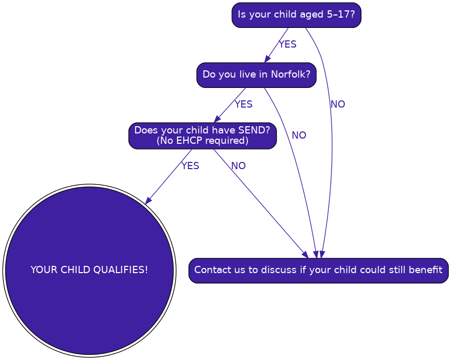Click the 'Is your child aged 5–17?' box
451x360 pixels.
296,15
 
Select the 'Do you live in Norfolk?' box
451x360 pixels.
256,75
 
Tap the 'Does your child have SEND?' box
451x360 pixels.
202,136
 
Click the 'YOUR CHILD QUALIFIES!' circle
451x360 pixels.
90,271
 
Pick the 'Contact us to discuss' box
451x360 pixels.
318,271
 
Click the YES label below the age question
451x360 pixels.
287,44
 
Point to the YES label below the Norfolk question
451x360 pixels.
243,104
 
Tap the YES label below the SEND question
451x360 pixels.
190,166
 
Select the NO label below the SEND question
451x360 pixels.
238,166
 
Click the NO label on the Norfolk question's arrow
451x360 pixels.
299,136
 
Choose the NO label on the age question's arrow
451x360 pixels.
338,104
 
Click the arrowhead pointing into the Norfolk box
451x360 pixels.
268,58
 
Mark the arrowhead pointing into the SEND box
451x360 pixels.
217,118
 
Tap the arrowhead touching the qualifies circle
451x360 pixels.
149,200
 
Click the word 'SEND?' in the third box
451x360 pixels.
254,130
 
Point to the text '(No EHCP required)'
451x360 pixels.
202,141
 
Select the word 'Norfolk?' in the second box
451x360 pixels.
291,74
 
